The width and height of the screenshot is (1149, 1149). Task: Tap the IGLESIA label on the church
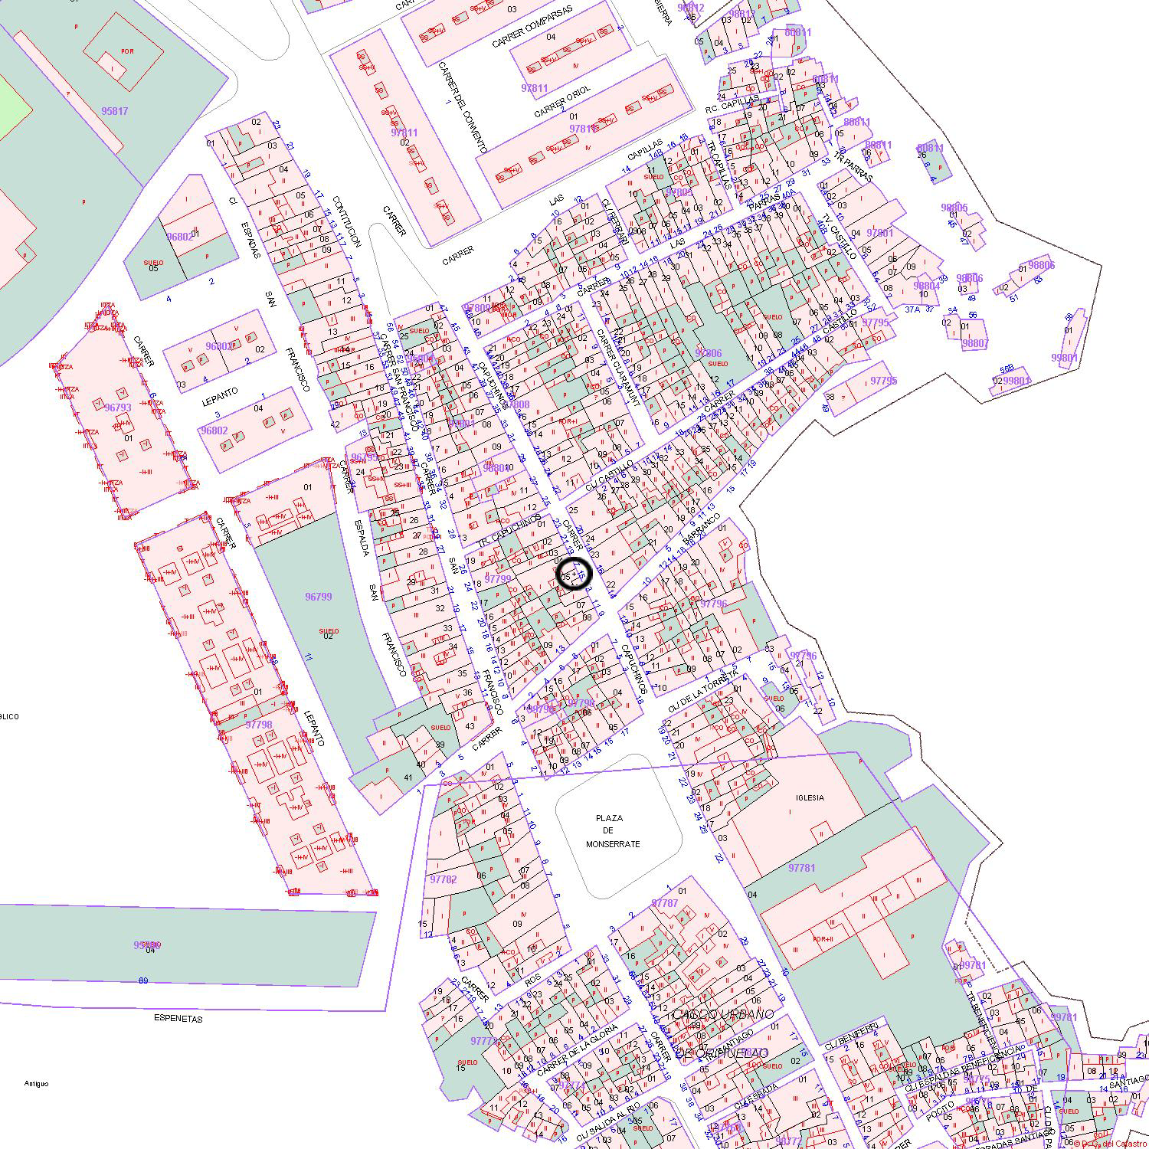(x=810, y=797)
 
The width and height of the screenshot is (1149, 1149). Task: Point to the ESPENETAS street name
(x=178, y=1019)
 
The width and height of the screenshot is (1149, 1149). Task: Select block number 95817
(x=114, y=111)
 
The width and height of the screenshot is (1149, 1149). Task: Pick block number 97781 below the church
(x=801, y=868)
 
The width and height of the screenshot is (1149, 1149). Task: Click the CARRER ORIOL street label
(x=562, y=101)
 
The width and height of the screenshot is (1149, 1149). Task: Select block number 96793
(x=117, y=408)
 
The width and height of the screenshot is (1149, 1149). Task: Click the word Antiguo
(x=36, y=1084)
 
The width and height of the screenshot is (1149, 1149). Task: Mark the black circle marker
(x=574, y=574)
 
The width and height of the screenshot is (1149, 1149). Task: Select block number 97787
(x=664, y=903)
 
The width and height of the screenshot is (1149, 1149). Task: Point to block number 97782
(x=443, y=879)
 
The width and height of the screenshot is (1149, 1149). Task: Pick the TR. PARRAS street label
(x=853, y=165)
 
